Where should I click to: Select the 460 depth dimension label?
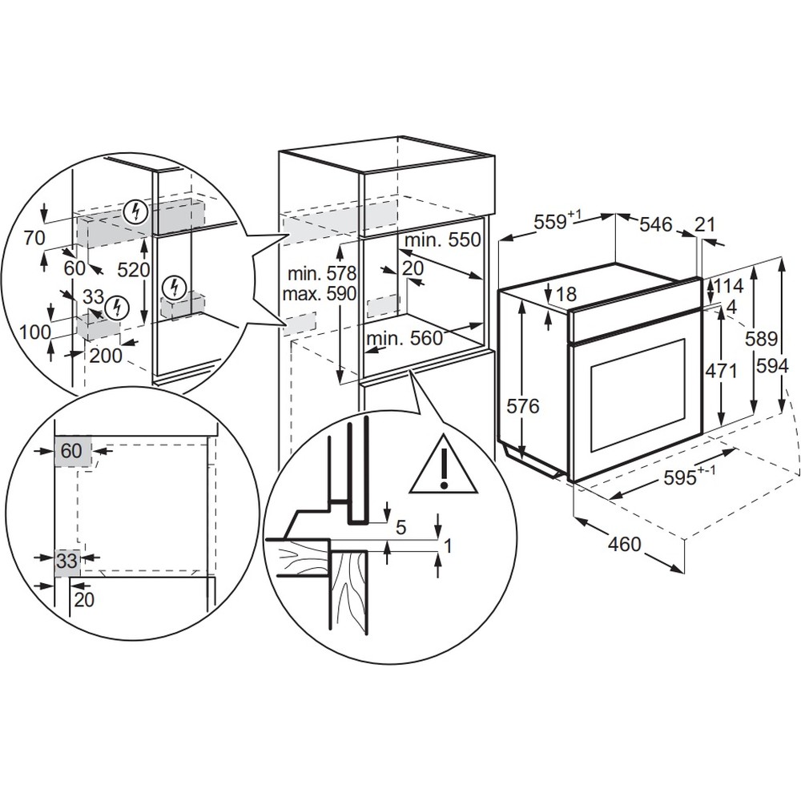click(625, 545)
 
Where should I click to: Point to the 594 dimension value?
click(773, 366)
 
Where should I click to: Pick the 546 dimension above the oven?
click(654, 225)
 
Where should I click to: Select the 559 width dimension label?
click(553, 222)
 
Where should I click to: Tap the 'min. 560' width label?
click(405, 339)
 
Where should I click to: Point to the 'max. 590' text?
click(318, 294)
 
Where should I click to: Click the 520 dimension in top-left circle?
click(134, 270)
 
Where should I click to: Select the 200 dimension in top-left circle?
click(106, 356)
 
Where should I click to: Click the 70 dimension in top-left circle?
click(34, 237)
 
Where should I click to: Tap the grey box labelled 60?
click(72, 451)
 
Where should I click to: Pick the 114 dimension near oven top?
click(730, 285)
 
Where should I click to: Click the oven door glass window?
click(637, 395)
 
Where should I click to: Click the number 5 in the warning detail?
click(401, 527)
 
